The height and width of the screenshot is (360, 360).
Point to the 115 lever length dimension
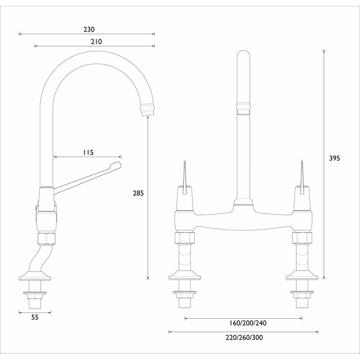click(x=88, y=152)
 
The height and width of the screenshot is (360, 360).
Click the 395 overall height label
click(x=334, y=158)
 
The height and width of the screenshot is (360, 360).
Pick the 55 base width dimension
click(x=35, y=317)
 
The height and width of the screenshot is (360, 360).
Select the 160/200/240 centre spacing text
click(x=248, y=323)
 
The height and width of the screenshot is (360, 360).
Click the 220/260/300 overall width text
click(x=244, y=337)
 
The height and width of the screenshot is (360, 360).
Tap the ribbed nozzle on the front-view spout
click(x=243, y=108)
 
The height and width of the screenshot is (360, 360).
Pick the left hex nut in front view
click(x=185, y=238)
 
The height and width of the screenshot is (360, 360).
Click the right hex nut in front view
click(x=302, y=238)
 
